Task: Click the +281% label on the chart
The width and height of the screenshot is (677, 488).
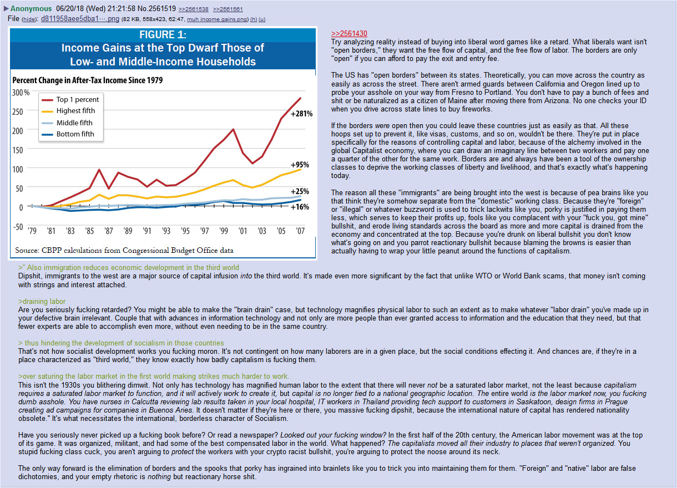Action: click(301, 114)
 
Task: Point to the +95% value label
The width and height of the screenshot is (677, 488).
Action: click(300, 165)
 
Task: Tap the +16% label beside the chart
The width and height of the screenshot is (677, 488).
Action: click(300, 207)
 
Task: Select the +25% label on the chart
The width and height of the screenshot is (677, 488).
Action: click(300, 191)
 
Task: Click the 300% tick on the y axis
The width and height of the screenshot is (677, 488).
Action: click(21, 92)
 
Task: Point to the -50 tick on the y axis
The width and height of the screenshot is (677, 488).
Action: click(18, 226)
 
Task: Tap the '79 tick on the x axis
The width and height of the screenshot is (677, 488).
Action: click(32, 231)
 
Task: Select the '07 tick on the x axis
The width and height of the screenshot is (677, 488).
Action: click(300, 231)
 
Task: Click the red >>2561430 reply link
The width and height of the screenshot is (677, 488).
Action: click(349, 33)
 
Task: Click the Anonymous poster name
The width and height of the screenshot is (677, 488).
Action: click(32, 9)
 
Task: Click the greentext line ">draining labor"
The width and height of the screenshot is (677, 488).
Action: click(42, 301)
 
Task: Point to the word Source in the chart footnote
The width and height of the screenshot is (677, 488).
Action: click(27, 250)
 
